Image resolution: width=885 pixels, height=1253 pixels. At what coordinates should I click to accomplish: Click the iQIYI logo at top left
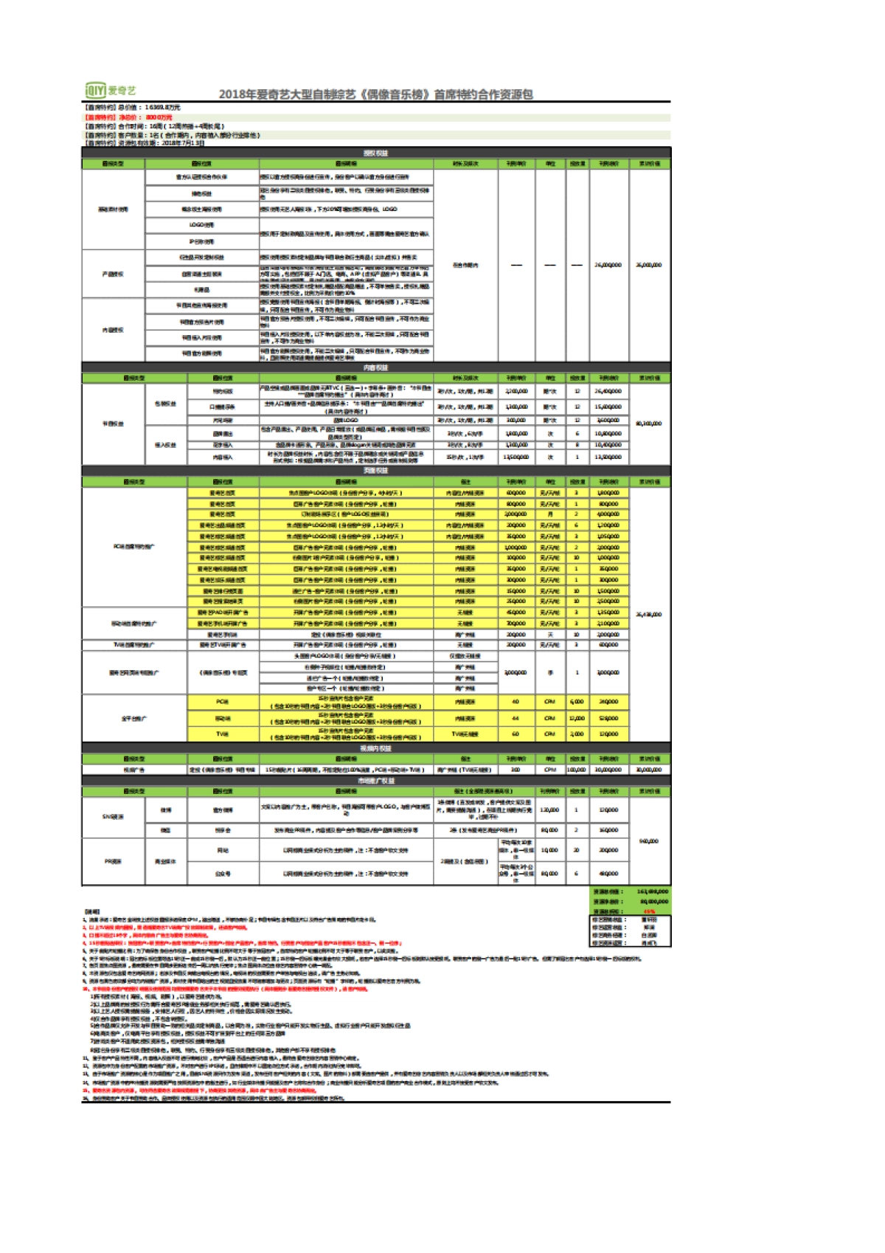[x=110, y=91]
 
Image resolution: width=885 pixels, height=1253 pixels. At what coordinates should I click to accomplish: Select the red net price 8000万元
[x=159, y=117]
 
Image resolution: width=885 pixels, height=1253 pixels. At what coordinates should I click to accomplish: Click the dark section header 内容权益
[x=375, y=367]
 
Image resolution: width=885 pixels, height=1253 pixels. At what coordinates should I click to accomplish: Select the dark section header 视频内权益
[x=375, y=748]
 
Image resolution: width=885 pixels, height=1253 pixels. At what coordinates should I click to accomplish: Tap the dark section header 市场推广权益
[x=375, y=781]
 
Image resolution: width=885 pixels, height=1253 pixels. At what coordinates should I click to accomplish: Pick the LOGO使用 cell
[x=201, y=225]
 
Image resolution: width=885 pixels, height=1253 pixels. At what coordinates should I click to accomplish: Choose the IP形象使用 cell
[x=201, y=241]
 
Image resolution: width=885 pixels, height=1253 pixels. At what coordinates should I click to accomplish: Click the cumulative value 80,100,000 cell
[x=649, y=424]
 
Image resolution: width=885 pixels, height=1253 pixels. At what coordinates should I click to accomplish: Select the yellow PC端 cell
[x=222, y=702]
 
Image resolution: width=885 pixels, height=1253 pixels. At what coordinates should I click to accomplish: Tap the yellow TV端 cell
[x=222, y=734]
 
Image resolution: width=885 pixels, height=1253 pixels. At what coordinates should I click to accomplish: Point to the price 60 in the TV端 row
[x=516, y=734]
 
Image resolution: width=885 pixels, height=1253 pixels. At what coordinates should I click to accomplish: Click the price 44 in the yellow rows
[x=516, y=718]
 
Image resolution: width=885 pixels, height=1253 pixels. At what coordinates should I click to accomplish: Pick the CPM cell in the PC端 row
[x=549, y=702]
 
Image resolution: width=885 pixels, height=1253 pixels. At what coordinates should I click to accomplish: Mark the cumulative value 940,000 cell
[x=649, y=841]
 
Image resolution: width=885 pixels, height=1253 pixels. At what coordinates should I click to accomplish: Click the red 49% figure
[x=649, y=911]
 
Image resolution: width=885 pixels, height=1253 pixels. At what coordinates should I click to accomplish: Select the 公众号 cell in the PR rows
[x=222, y=874]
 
